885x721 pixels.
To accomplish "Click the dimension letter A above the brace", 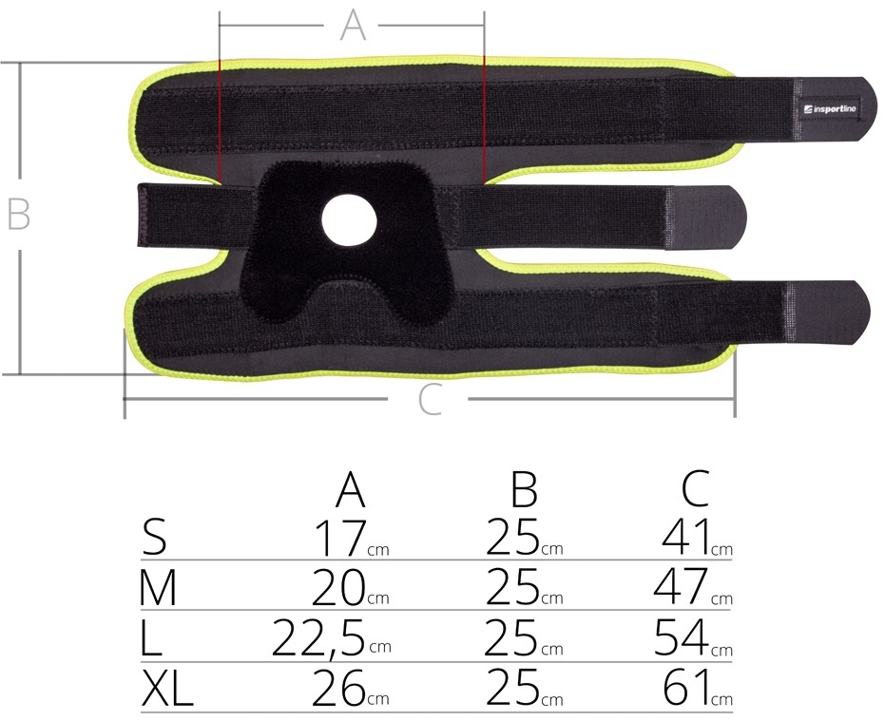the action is (354, 26).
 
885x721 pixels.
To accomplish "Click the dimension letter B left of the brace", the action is (18, 215).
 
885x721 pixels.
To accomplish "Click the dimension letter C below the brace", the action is (429, 399).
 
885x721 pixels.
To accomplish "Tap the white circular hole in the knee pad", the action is (349, 220).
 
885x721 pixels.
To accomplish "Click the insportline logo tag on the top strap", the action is (830, 109).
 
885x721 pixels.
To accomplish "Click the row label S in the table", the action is (154, 538).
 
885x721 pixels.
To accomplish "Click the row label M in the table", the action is (158, 587).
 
